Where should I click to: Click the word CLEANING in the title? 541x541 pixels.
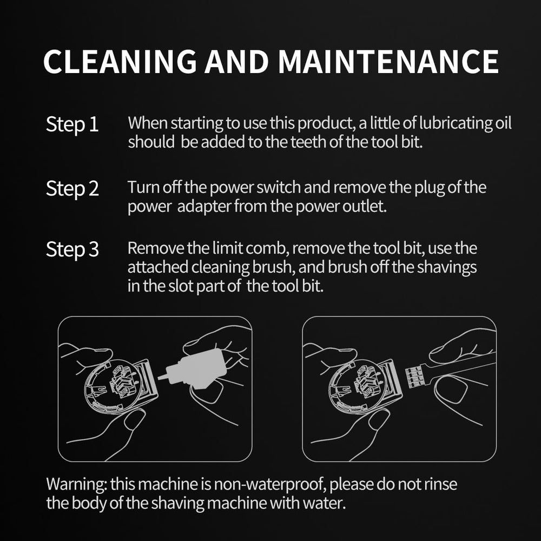point(120,61)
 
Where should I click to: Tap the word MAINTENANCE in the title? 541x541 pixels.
point(388,61)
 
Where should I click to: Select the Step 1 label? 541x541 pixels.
point(72,124)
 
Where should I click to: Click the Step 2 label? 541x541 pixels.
point(72,189)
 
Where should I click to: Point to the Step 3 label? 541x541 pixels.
point(72,249)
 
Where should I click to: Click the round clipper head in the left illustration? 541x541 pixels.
point(114,385)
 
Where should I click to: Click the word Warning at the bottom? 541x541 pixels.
point(77,484)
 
